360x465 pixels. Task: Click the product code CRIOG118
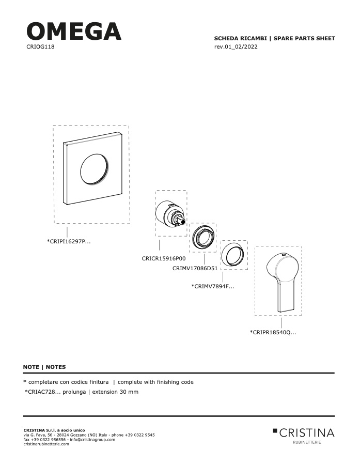40,47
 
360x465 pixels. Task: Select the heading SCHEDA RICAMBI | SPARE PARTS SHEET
274,38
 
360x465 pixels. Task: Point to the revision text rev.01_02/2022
236,47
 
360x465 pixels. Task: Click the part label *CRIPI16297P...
69,241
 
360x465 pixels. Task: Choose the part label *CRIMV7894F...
213,286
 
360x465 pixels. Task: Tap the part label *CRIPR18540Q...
273,332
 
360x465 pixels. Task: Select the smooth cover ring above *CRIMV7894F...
233,255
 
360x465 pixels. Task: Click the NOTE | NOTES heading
44,367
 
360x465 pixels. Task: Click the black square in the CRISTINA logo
275,430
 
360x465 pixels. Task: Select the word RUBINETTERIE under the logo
307,442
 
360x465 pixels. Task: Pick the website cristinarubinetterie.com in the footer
46,444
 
